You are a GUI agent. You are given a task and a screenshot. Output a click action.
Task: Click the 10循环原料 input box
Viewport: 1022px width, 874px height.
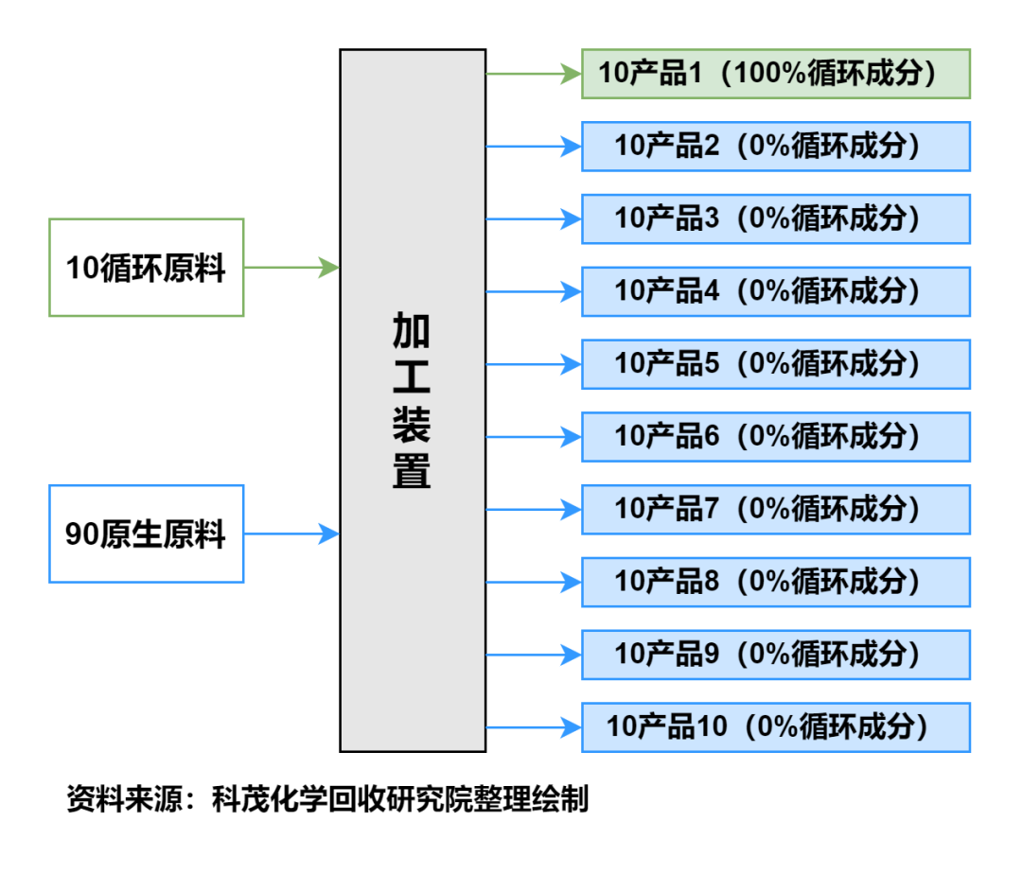point(147,268)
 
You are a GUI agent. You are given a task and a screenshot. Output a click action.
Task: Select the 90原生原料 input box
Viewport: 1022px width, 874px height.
point(147,533)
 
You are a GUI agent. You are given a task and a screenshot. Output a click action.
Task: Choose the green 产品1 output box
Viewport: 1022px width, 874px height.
point(776,74)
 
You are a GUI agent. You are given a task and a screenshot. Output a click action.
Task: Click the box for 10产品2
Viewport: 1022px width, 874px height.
point(776,147)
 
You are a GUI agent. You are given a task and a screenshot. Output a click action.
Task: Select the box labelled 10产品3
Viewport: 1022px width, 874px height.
point(776,218)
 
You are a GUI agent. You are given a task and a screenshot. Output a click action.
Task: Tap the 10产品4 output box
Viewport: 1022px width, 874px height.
point(776,291)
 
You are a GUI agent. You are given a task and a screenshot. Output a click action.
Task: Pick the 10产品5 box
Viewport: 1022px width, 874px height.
point(776,364)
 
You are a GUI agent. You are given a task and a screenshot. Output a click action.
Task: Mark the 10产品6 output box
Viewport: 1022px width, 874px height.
point(776,436)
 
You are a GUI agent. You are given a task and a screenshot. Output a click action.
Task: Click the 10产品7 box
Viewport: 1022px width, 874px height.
point(776,509)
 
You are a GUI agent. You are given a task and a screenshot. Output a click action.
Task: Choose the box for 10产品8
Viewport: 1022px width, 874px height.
point(776,582)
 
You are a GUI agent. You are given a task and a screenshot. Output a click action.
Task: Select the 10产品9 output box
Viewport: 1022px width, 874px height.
point(776,654)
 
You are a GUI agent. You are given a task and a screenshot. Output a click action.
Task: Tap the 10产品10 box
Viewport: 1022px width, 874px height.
point(776,726)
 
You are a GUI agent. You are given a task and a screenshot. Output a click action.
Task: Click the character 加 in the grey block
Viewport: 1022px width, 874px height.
point(412,331)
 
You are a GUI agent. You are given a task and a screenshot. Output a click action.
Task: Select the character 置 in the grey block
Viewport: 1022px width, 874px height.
point(412,471)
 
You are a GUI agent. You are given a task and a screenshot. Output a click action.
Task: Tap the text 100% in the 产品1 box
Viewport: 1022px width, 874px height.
point(770,74)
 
